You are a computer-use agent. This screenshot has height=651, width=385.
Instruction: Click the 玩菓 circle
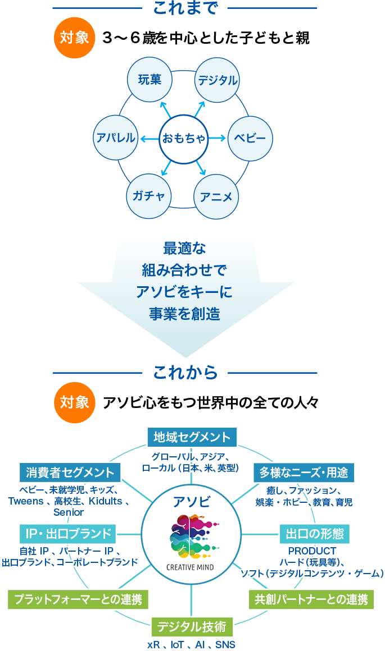150,80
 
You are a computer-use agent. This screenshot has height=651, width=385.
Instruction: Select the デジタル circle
217,80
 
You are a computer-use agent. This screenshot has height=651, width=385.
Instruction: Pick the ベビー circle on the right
250,138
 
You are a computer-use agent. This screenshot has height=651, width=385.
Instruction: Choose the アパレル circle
116,138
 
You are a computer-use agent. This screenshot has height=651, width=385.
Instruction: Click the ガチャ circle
149,196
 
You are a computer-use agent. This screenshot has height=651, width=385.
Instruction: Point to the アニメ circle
216,196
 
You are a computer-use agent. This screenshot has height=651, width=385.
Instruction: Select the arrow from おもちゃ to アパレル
150,138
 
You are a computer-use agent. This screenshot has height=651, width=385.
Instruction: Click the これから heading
185,373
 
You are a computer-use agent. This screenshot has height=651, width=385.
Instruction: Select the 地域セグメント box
192,438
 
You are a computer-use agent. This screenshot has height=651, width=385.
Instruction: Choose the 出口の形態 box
315,533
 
